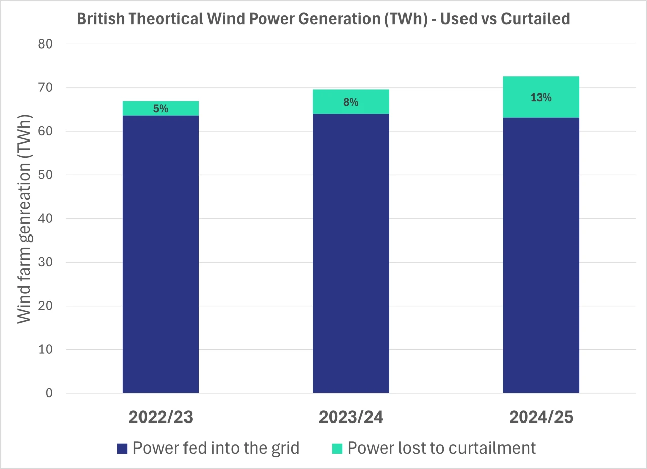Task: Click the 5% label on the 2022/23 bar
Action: [160, 109]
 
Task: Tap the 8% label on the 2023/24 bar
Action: [351, 102]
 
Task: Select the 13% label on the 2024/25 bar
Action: [541, 98]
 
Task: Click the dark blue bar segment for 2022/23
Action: [160, 253]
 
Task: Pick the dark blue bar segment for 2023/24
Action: [351, 253]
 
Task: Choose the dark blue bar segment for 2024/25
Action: [541, 253]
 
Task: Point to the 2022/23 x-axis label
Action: [160, 417]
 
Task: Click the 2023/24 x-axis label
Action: [351, 417]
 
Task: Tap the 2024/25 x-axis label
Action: [541, 417]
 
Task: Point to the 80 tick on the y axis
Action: [45, 44]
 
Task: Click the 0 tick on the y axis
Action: [49, 393]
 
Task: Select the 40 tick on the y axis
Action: [45, 219]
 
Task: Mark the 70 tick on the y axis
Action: [45, 88]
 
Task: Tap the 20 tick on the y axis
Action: [45, 306]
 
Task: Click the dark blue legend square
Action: [122, 448]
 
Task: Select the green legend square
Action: [338, 448]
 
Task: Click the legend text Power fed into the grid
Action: [216, 448]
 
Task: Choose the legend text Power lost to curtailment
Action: [441, 448]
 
